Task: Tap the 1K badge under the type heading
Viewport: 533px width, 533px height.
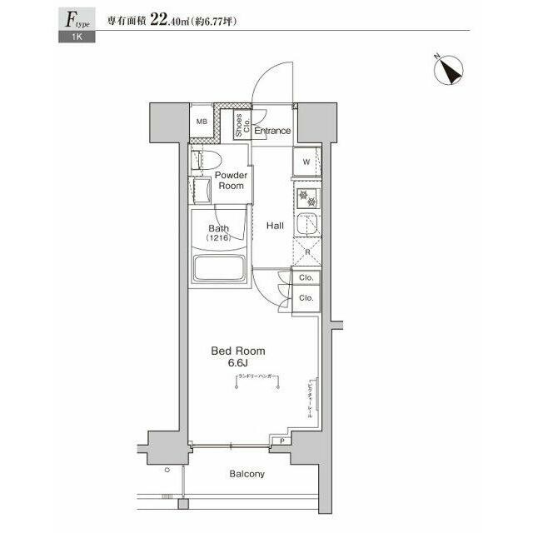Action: [77, 37]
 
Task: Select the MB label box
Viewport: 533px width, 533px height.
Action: [201, 122]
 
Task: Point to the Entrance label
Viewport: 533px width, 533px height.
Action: [272, 131]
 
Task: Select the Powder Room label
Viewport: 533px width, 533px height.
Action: [231, 181]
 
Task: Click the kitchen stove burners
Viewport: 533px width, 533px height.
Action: [306, 199]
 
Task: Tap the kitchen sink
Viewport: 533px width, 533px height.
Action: [306, 225]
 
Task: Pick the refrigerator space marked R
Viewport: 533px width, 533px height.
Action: [306, 252]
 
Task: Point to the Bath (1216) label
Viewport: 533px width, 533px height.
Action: [218, 233]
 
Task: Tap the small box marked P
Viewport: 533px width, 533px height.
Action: [282, 441]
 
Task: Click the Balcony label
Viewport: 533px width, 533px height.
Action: [247, 474]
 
